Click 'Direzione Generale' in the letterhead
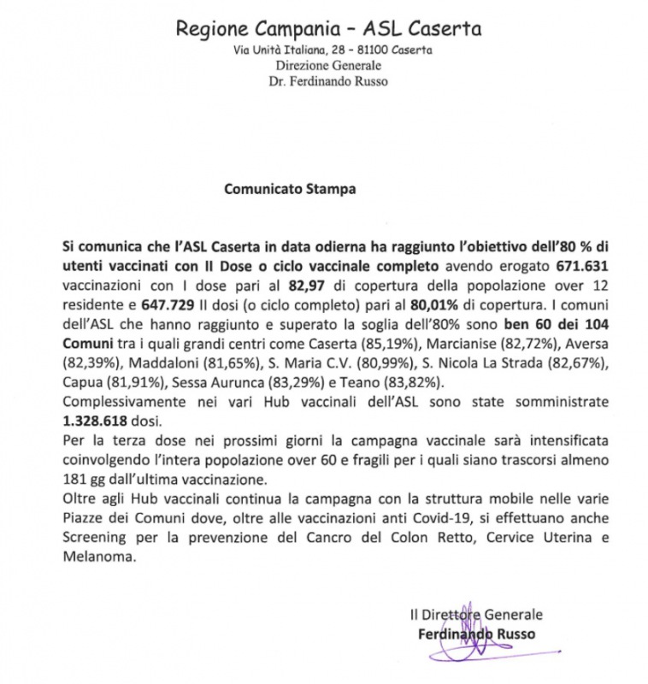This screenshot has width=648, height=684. (330, 65)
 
